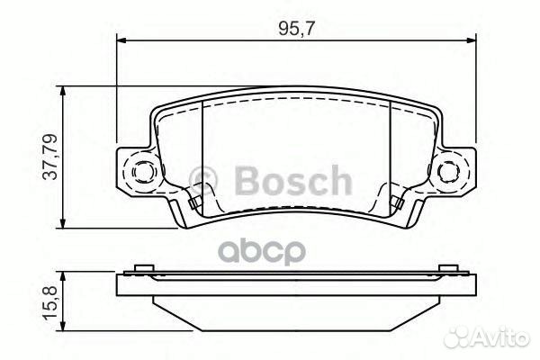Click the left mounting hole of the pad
click(x=143, y=170)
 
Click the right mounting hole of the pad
click(x=447, y=170)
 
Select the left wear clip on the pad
click(x=193, y=200)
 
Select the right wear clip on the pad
click(x=396, y=200)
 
